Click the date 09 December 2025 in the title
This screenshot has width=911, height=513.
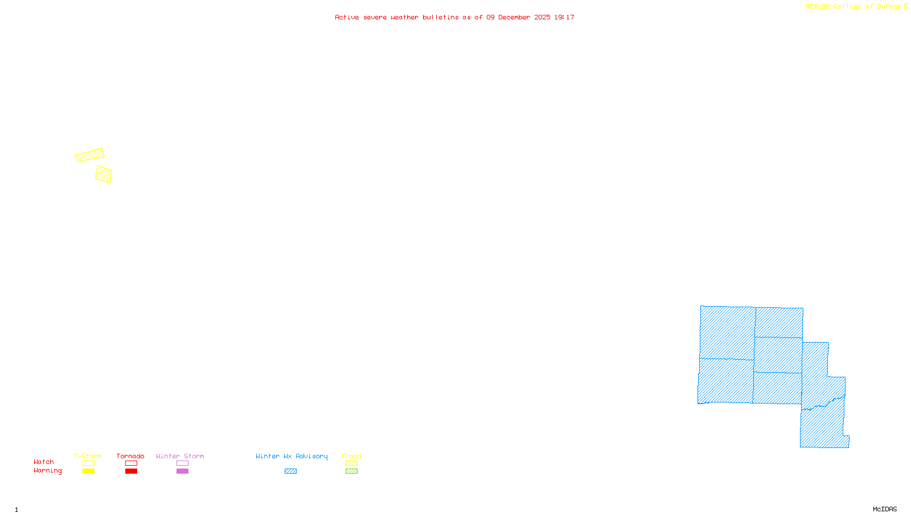(518, 18)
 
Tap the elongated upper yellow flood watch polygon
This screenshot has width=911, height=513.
(89, 155)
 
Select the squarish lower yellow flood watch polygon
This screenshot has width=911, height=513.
(104, 174)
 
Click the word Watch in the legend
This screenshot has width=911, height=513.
(44, 462)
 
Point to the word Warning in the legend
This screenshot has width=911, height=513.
(47, 471)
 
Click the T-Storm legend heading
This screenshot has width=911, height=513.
(88, 456)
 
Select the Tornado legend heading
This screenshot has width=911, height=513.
(130, 456)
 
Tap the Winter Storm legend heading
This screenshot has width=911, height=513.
(180, 456)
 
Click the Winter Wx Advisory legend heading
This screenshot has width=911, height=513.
(292, 456)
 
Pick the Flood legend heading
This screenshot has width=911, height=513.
(351, 456)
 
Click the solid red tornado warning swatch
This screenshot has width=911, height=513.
(132, 471)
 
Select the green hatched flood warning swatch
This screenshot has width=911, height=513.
(352, 471)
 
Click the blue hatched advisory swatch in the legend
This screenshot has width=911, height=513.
(291, 471)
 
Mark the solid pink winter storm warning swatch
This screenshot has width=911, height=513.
(182, 471)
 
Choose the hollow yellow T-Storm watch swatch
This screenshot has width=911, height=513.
(88, 463)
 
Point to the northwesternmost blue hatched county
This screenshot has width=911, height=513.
(727, 332)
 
